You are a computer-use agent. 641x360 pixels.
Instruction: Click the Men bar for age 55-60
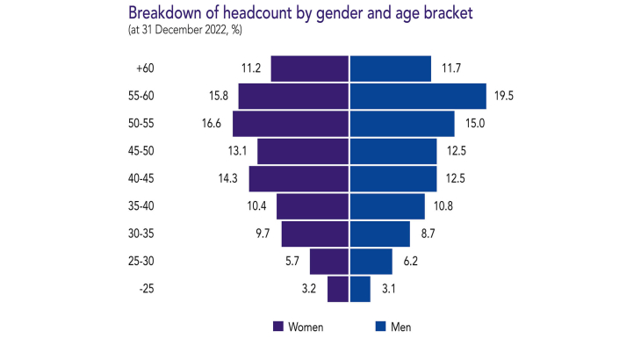[x=418, y=97]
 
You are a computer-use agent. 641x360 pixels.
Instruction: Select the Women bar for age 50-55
[x=292, y=124]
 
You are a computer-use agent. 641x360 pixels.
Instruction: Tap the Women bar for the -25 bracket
[x=338, y=289]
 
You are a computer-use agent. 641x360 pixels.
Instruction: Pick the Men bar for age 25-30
[x=371, y=262]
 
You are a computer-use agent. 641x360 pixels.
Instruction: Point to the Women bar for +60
[x=310, y=68]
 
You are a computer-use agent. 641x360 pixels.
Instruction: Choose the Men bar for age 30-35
[x=380, y=234]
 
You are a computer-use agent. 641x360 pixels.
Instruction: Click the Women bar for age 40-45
[x=299, y=179]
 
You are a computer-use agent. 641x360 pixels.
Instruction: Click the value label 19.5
[x=504, y=97]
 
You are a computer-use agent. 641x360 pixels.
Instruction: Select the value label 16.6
[x=212, y=124]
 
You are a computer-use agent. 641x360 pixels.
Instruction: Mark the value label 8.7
[x=428, y=234]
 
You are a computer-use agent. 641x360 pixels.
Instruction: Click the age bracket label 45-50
[x=141, y=151]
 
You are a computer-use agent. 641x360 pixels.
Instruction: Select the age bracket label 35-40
[x=141, y=206]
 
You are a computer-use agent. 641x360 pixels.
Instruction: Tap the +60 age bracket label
[x=144, y=68]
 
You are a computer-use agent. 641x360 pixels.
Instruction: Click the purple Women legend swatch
[x=278, y=327]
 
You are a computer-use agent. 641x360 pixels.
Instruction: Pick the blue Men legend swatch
[x=381, y=327]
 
